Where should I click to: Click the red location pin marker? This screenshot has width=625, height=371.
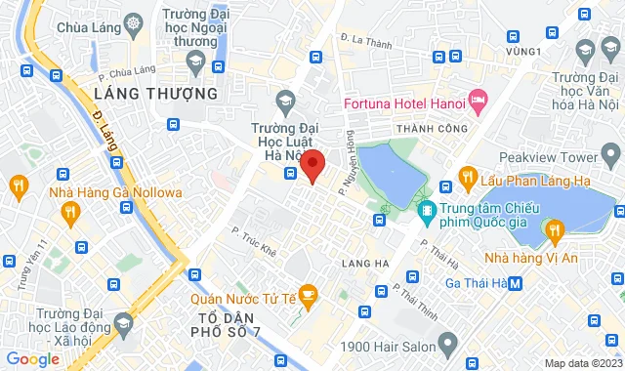[x=312, y=165]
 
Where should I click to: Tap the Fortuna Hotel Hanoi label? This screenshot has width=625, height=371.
[x=402, y=102]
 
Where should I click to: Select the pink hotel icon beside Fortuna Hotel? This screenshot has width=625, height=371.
[x=478, y=100]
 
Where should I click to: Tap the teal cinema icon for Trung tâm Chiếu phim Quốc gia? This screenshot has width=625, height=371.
[x=426, y=210]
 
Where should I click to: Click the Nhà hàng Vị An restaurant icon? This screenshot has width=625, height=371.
[x=555, y=230]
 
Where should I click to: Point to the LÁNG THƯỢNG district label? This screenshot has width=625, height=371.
[x=156, y=94]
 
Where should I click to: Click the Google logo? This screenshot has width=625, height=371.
[x=33, y=358]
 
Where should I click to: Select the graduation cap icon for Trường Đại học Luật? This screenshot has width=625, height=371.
[x=284, y=98]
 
